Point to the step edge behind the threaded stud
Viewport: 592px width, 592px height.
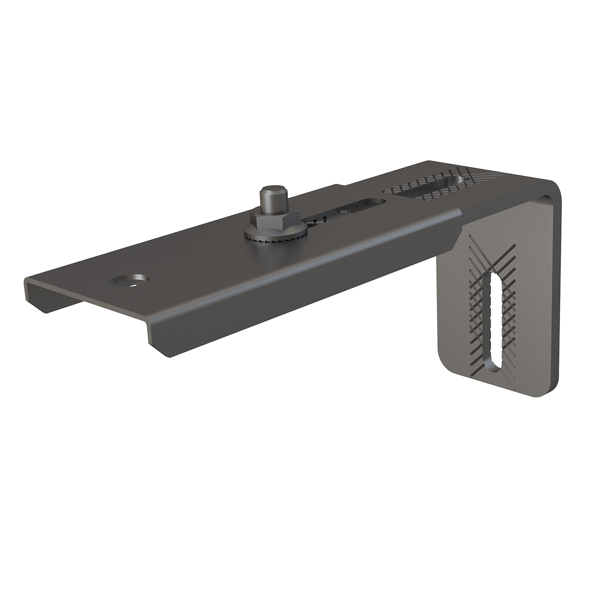coord(340,186)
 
